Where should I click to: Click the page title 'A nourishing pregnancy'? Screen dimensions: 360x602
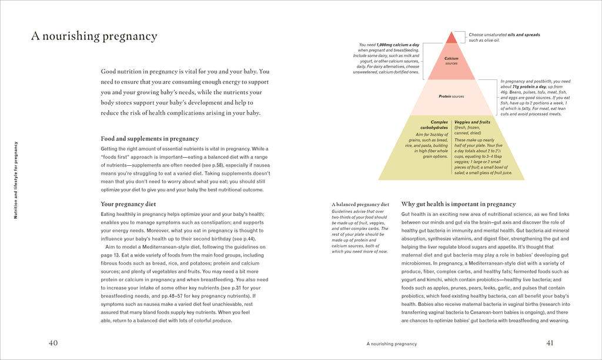94,36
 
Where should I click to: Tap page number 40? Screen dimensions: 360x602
53,343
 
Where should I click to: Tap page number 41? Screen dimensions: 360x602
550,343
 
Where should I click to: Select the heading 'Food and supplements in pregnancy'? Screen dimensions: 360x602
150,139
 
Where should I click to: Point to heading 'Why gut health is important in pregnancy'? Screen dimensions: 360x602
459,204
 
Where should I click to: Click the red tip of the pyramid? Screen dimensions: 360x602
451,38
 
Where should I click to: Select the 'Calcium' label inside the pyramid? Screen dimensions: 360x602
451,59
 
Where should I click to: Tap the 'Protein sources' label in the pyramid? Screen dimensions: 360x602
451,96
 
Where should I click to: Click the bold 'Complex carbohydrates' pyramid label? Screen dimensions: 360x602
434,125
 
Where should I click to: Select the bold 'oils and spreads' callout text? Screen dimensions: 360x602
523,35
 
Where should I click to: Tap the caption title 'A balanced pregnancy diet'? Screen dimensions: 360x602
360,205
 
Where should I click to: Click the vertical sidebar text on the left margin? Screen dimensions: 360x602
16,180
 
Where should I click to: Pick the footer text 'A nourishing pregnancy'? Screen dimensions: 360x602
392,344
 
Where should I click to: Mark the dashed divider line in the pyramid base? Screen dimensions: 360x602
451,147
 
